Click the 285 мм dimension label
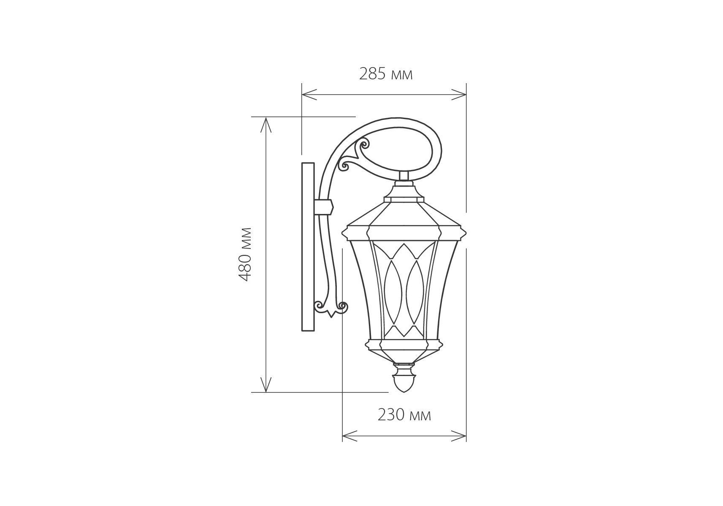pyautogui.click(x=386, y=74)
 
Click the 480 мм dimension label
pyautogui.click(x=245, y=254)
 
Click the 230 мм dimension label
pyautogui.click(x=404, y=415)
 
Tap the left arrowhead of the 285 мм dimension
pyautogui.click(x=309, y=95)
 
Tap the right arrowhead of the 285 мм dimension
pyautogui.click(x=459, y=95)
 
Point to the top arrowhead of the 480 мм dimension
pyautogui.click(x=265, y=125)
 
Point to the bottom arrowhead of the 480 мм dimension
pyautogui.click(x=265, y=384)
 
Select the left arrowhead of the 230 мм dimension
pyautogui.click(x=349, y=436)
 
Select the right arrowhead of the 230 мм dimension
pyautogui.click(x=459, y=436)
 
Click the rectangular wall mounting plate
pyautogui.click(x=308, y=247)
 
